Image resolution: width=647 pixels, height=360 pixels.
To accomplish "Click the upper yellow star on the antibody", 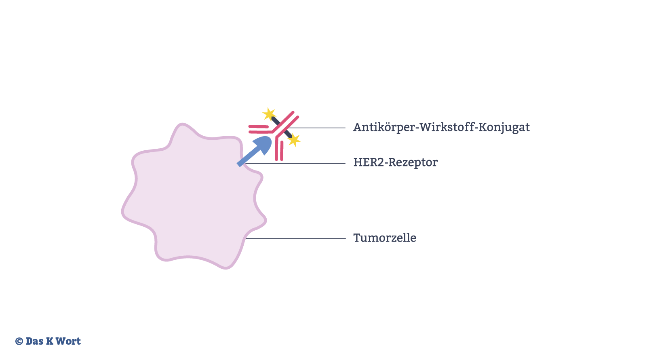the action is [x=269, y=114].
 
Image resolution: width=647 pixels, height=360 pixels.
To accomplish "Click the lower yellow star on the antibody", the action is [x=294, y=140].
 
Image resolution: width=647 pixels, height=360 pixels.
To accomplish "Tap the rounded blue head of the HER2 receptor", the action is [x=263, y=145].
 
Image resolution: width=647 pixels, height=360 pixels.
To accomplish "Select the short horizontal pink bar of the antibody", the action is [x=259, y=126].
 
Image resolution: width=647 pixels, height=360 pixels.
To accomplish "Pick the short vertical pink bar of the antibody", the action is [x=282, y=150].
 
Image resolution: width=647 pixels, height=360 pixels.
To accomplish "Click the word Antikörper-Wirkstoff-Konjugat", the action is [x=441, y=127].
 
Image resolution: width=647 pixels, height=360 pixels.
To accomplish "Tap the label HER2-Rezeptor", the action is [x=395, y=162].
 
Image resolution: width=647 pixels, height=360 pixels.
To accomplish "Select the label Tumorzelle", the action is [x=385, y=238].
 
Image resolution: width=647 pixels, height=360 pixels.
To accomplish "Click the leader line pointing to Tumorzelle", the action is [x=295, y=238].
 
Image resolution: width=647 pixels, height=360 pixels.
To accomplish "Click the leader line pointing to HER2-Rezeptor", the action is [x=295, y=163].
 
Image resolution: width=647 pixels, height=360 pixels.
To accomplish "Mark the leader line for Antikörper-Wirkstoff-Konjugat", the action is [x=317, y=128].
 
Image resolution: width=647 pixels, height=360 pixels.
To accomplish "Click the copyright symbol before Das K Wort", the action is [x=19, y=341].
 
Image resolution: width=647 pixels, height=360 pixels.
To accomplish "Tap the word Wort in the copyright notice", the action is [x=68, y=341].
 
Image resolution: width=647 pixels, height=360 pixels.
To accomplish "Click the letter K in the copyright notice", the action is [x=50, y=341].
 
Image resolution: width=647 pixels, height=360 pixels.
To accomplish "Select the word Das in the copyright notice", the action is [x=34, y=341].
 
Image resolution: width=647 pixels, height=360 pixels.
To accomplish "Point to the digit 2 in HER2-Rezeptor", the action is [x=382, y=162].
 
